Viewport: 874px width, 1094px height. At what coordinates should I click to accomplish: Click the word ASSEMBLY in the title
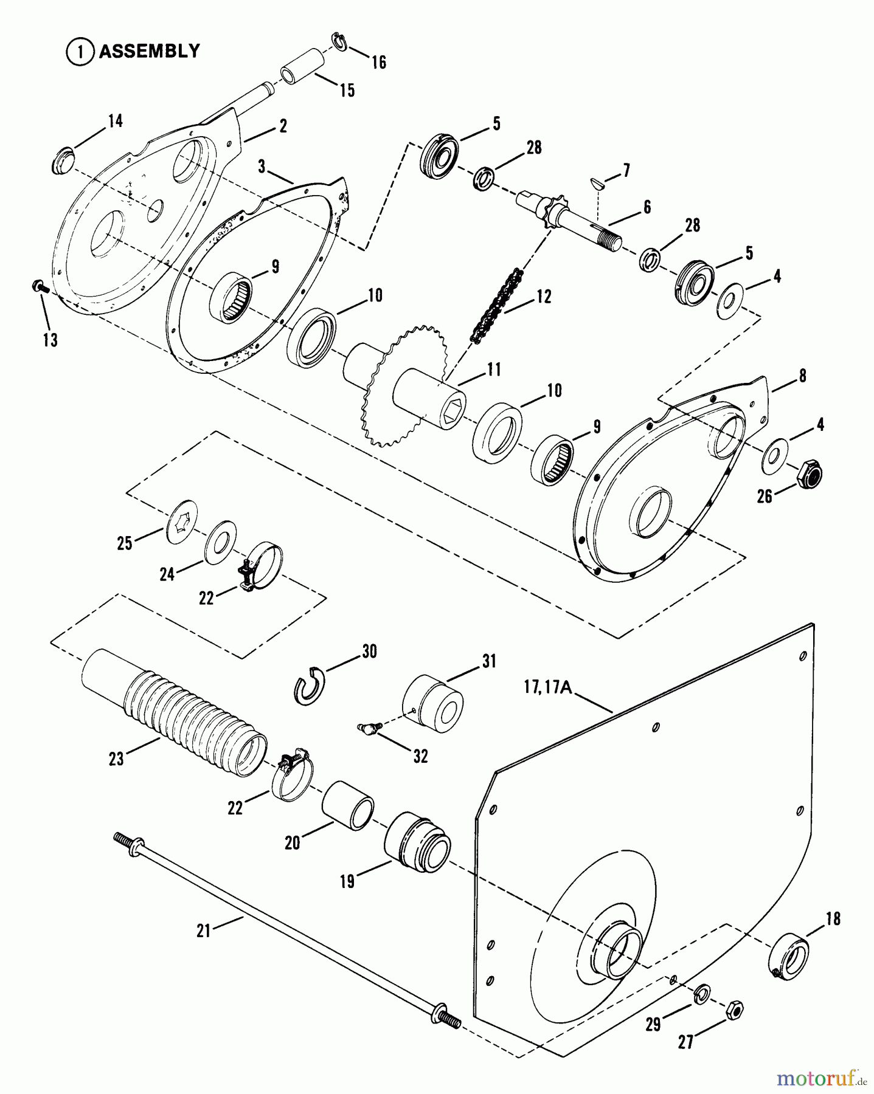150,51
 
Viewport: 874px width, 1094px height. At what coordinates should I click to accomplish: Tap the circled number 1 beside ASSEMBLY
78,52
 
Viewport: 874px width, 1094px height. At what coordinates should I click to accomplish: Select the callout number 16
379,62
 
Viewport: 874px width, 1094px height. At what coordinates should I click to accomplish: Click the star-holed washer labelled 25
184,517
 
